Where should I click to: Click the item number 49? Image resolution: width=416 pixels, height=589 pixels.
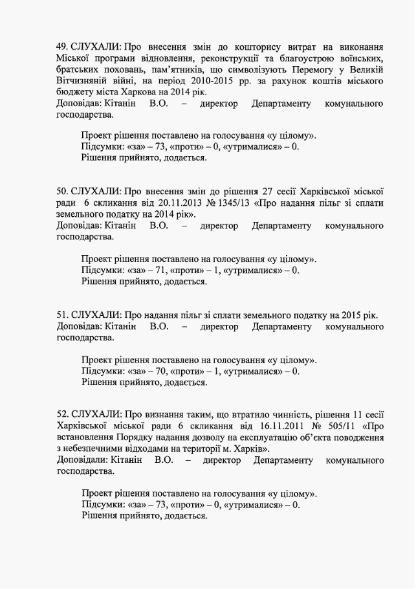pyautogui.click(x=61, y=47)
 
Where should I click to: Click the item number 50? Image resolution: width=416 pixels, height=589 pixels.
pyautogui.click(x=61, y=191)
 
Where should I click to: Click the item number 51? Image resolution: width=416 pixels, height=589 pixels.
pyautogui.click(x=61, y=315)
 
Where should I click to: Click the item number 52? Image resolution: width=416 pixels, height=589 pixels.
pyautogui.click(x=61, y=413)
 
